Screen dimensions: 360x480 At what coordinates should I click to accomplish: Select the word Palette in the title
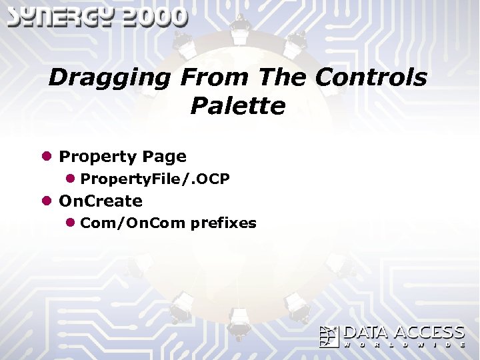pos(237,106)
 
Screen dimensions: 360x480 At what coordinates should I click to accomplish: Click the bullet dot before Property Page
pos(47,157)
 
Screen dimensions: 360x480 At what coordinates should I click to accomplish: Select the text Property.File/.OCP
pos(155,179)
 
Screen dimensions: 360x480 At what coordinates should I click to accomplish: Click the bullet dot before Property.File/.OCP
pos(70,179)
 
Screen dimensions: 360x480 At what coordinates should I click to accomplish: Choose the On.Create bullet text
pos(101,201)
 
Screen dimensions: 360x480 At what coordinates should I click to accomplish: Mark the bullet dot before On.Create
pos(47,201)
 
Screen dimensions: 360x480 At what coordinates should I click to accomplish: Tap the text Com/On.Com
pos(133,223)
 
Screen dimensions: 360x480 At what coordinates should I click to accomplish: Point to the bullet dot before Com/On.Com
pos(70,223)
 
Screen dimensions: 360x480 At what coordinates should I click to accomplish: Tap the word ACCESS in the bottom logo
pos(429,333)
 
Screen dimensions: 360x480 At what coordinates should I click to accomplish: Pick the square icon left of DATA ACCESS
pos(329,337)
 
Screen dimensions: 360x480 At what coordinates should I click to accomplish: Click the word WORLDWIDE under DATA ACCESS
pos(404,345)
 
